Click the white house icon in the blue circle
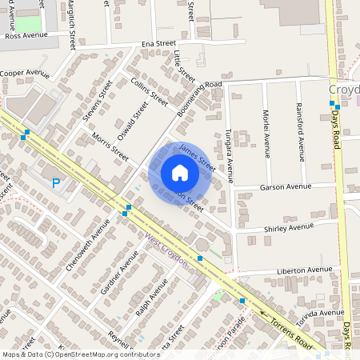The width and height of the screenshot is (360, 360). (x=179, y=173)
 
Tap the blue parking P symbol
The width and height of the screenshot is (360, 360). (x=56, y=183)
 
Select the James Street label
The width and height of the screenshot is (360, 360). (x=197, y=156)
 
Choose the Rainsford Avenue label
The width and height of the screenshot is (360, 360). (x=300, y=132)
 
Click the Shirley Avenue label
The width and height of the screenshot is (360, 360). (x=289, y=227)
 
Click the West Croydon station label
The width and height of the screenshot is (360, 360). (x=166, y=250)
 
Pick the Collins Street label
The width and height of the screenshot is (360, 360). (x=148, y=93)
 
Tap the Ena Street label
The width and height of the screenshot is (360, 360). (x=158, y=44)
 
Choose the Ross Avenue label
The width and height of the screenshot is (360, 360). (x=26, y=36)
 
